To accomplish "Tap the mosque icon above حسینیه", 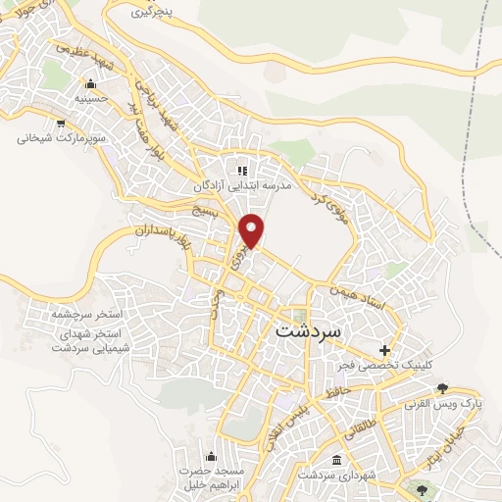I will coord(90,84).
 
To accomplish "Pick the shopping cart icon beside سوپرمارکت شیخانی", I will coord(62,124).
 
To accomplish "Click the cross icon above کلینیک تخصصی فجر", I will coord(384,350).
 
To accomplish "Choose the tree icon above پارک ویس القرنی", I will coord(443,388).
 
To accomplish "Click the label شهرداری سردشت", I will coord(337,476).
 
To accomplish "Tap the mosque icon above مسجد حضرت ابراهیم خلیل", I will coord(211,456).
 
